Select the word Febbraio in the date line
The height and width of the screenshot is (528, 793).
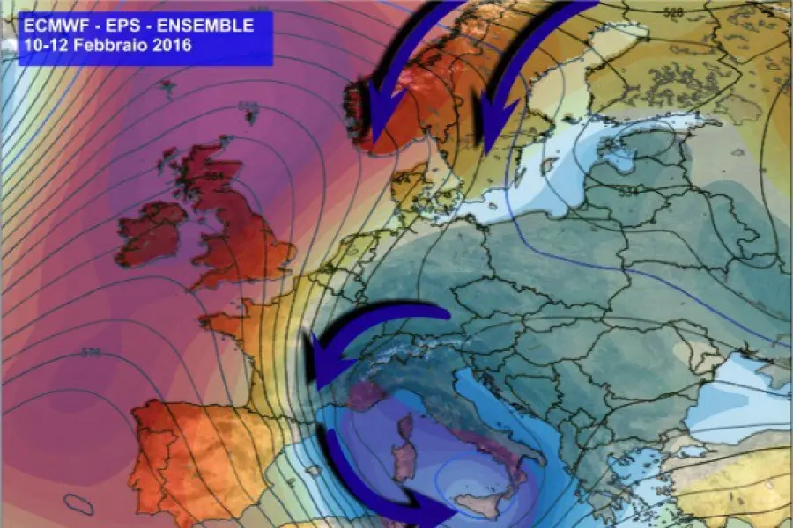pyautogui.click(x=110, y=45)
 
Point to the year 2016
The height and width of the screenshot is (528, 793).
pyautogui.click(x=168, y=45)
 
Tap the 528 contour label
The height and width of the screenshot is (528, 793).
pyautogui.click(x=674, y=14)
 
